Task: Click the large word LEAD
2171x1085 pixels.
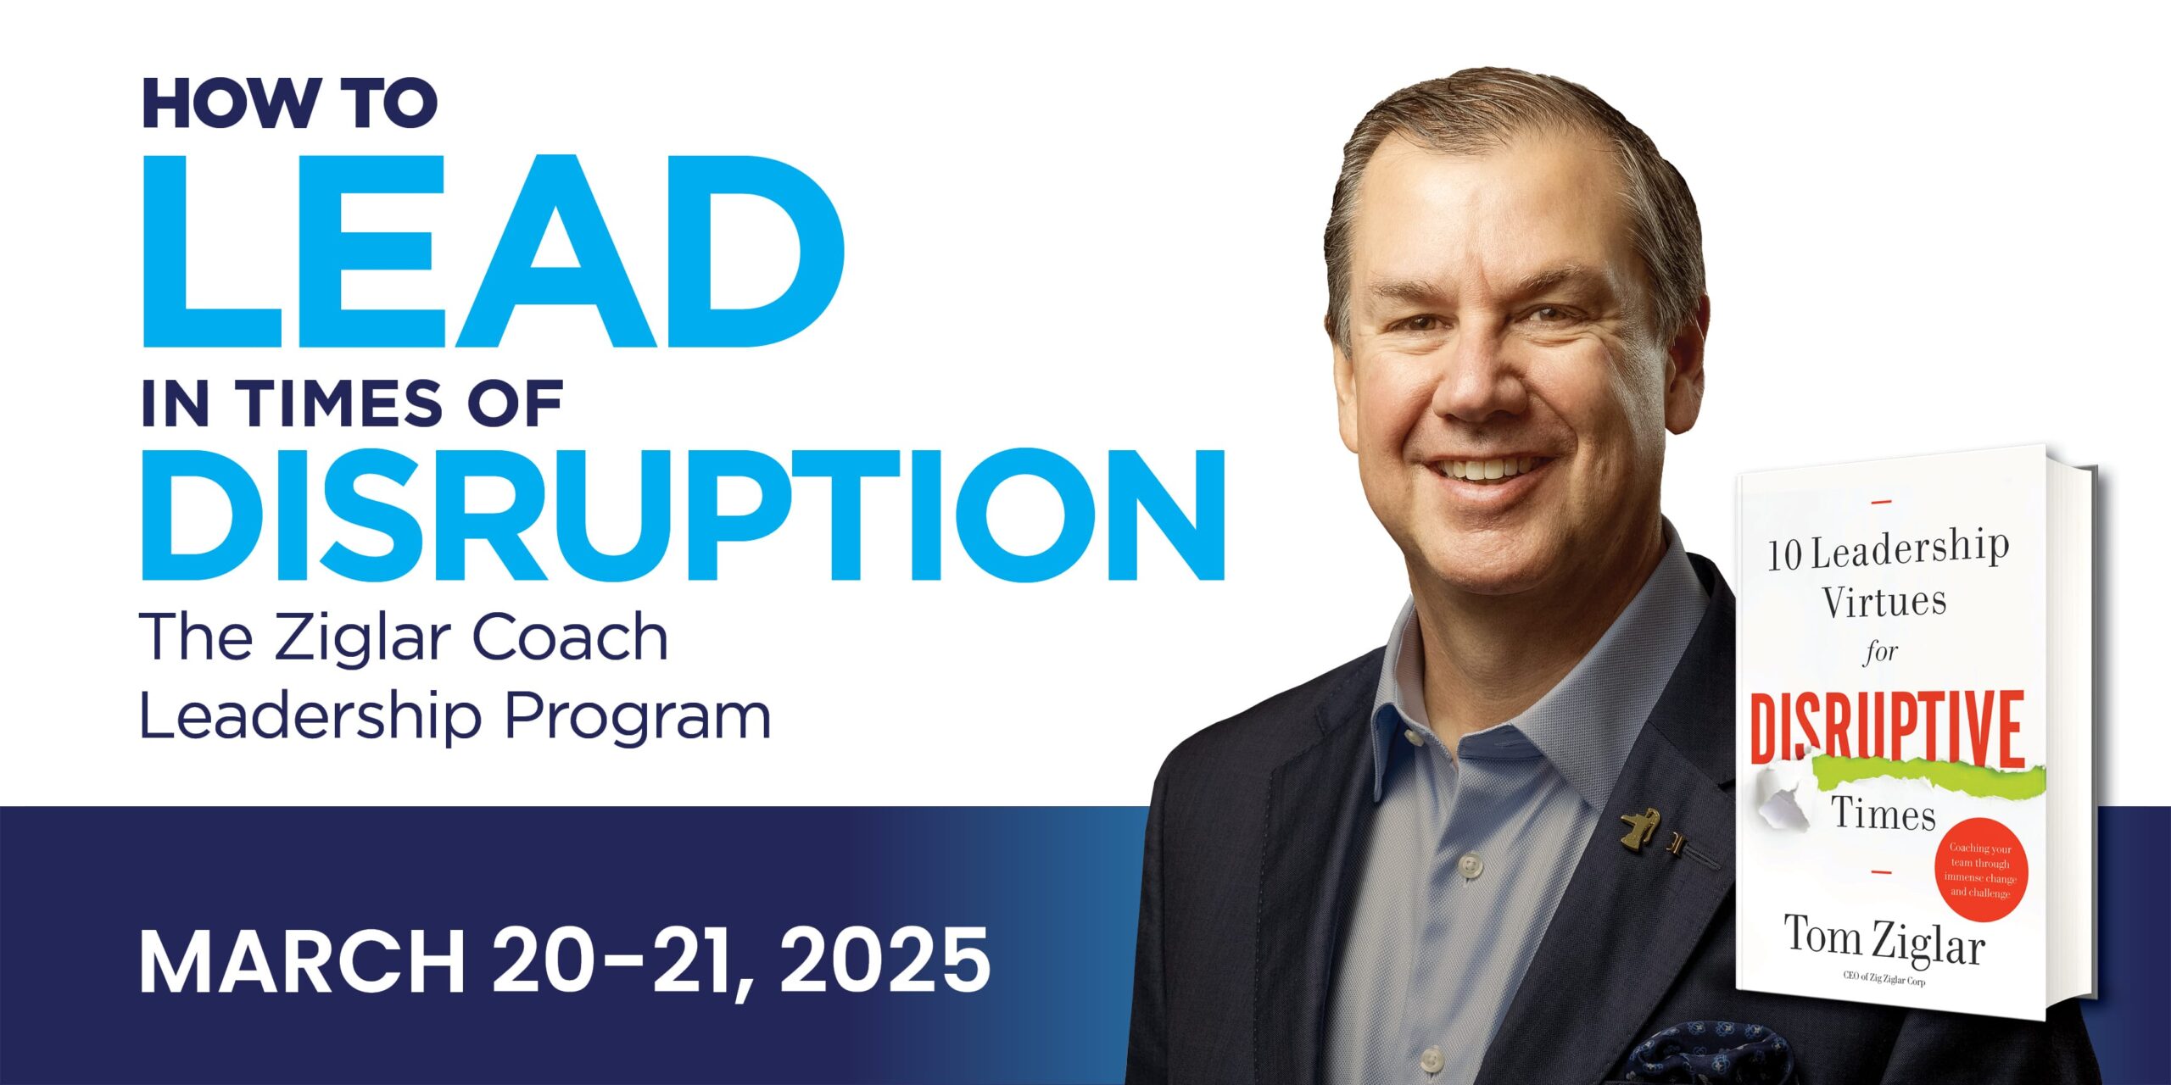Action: pos(493,252)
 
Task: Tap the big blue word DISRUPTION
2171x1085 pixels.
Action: pos(684,515)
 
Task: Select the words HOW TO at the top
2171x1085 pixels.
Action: pos(290,103)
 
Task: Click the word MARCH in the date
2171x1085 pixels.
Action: pos(302,960)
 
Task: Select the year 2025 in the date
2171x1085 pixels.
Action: pos(885,960)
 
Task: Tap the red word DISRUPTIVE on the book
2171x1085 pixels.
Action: pos(1887,728)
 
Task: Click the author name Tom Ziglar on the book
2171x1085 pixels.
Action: pos(1884,939)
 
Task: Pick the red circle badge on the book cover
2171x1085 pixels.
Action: pos(1979,869)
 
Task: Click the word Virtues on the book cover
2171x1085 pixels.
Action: pos(1884,602)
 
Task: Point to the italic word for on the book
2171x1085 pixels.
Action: pos(1880,652)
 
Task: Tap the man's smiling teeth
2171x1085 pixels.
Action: pos(1485,469)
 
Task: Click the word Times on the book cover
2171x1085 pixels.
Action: pos(1884,814)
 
